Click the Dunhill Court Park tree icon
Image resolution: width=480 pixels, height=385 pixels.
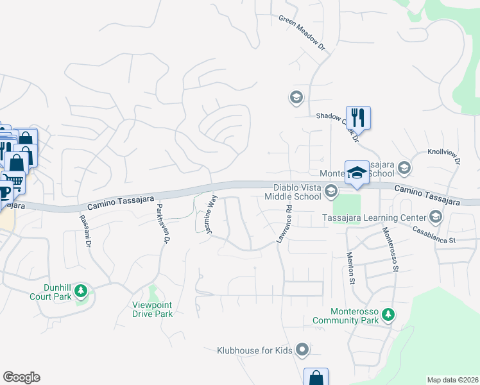[x=81, y=291]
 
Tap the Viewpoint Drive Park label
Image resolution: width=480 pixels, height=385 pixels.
[x=153, y=309]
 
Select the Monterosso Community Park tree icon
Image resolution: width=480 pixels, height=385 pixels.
[x=388, y=314]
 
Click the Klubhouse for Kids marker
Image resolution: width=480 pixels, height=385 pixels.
[x=303, y=350]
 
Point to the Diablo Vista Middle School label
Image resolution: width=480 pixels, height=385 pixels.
[x=293, y=192]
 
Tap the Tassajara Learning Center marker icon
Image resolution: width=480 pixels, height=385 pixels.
[x=436, y=216]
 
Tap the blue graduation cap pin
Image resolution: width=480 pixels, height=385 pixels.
[x=357, y=172]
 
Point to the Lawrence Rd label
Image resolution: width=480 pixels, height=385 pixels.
[x=284, y=224]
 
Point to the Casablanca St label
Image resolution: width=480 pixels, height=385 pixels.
[x=433, y=234]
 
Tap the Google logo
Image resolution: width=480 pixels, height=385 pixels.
[x=21, y=377]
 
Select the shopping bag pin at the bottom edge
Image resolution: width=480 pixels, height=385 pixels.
[x=316, y=377]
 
